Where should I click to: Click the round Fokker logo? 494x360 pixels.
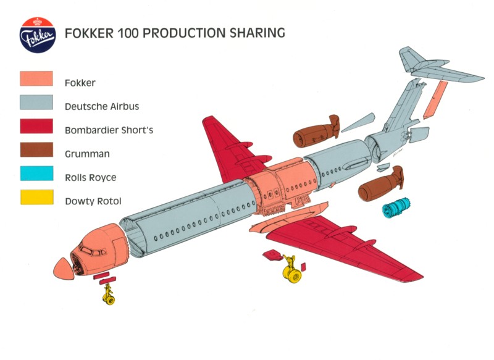(38, 35)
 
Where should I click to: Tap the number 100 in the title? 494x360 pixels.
(127, 33)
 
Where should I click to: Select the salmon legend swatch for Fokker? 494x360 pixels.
(36, 78)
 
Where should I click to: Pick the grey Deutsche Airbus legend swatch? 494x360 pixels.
(36, 103)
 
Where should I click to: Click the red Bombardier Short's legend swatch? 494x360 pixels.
(36, 126)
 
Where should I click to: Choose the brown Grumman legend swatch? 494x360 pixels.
(36, 149)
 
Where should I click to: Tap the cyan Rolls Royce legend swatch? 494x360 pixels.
(36, 174)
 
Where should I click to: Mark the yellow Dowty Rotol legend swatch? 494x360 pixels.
(37, 197)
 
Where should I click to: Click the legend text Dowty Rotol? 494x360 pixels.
(93, 201)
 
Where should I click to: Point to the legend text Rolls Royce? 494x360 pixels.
(90, 178)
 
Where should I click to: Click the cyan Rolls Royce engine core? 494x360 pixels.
(396, 207)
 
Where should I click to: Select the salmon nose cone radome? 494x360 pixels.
(65, 269)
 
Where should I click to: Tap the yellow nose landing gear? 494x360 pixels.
(109, 295)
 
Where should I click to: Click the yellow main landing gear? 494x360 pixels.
(291, 270)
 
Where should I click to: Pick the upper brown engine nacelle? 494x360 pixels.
(316, 132)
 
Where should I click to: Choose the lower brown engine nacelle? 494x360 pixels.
(380, 185)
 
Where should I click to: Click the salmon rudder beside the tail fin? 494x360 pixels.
(435, 100)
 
